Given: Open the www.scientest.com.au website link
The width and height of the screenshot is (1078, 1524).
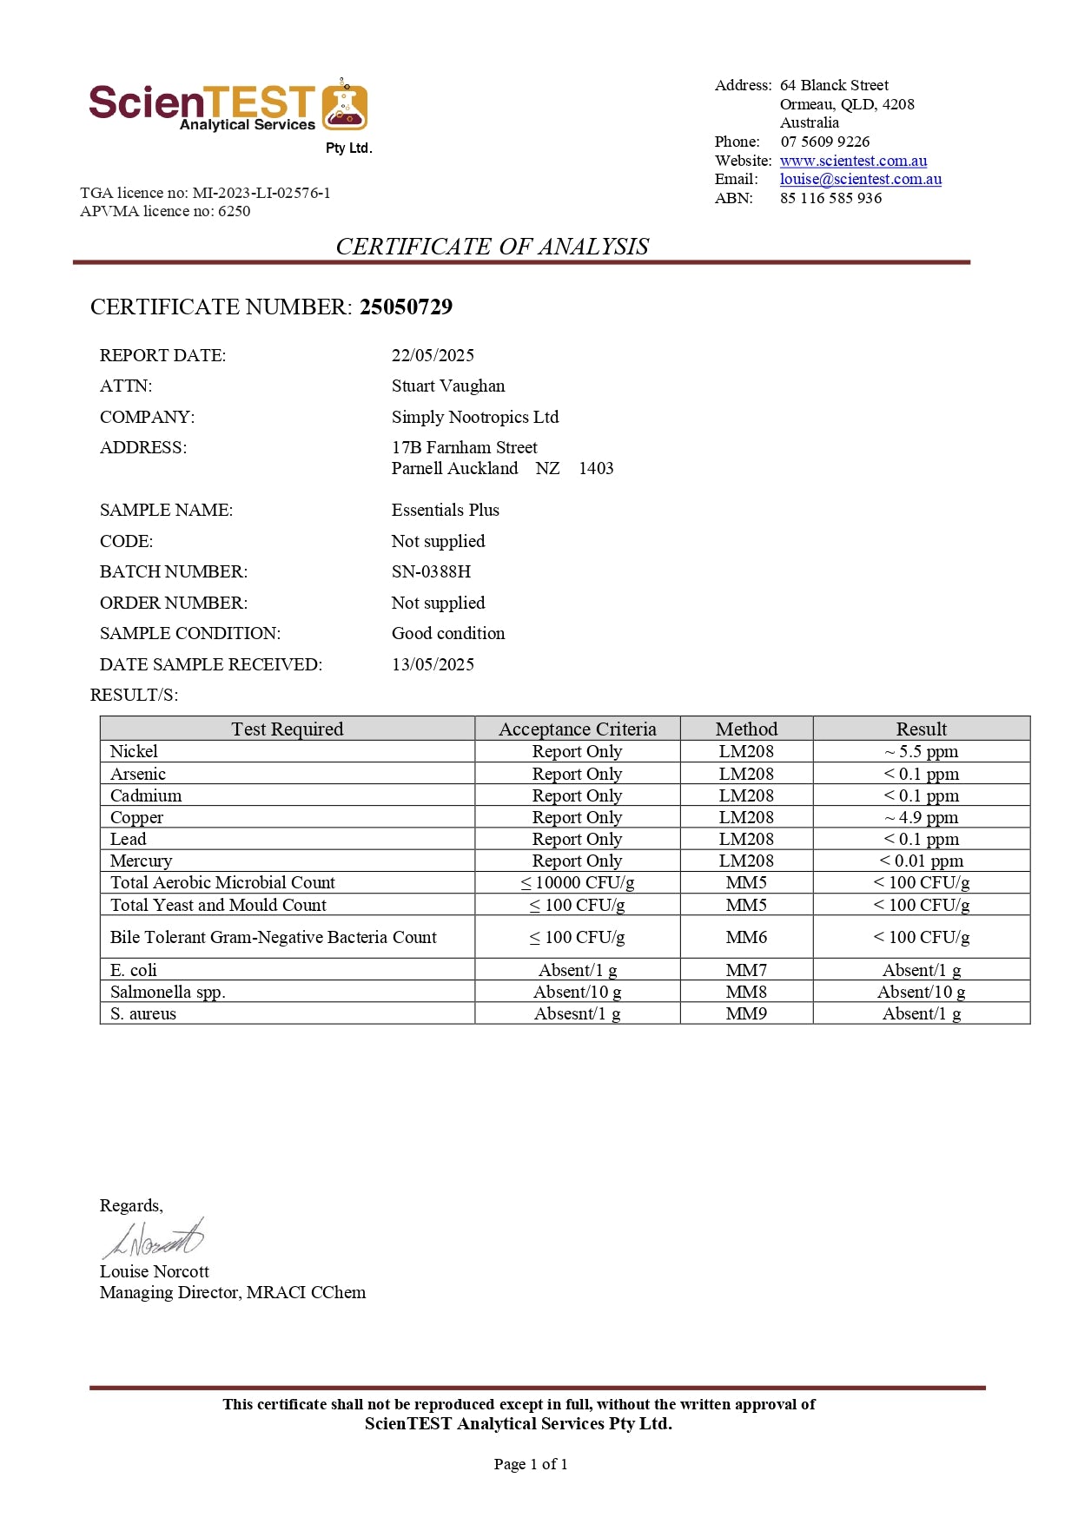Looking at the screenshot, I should [853, 161].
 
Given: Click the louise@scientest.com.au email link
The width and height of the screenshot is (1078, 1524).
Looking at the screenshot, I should [860, 179].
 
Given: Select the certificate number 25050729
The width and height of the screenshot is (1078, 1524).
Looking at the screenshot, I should [406, 307].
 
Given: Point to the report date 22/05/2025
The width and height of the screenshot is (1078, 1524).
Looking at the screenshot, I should [433, 355].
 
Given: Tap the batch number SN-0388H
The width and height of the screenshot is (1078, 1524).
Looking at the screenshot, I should [431, 571].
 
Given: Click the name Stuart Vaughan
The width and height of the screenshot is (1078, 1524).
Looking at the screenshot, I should [447, 386].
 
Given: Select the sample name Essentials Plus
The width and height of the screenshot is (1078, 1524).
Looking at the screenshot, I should [445, 510].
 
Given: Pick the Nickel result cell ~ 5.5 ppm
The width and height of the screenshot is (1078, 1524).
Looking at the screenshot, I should [921, 751].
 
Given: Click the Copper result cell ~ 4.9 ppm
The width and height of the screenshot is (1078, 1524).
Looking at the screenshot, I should [921, 817].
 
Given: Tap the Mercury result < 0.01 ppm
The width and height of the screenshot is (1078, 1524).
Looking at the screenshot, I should [921, 861].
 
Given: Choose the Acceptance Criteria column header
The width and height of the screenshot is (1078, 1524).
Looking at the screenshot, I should [577, 729].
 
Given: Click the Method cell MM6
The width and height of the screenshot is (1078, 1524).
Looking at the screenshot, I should [746, 937].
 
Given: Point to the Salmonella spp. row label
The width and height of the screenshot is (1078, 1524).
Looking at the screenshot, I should [168, 992].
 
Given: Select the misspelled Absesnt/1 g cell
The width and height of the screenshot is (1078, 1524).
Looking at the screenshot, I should [577, 1013].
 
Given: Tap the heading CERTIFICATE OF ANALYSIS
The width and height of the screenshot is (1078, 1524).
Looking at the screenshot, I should [492, 247].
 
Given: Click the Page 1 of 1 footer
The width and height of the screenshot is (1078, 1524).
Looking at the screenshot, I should [530, 1464].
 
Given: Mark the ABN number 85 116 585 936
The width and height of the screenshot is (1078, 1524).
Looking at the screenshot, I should [830, 198].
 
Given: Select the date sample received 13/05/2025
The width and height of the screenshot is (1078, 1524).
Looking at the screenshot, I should [433, 664].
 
